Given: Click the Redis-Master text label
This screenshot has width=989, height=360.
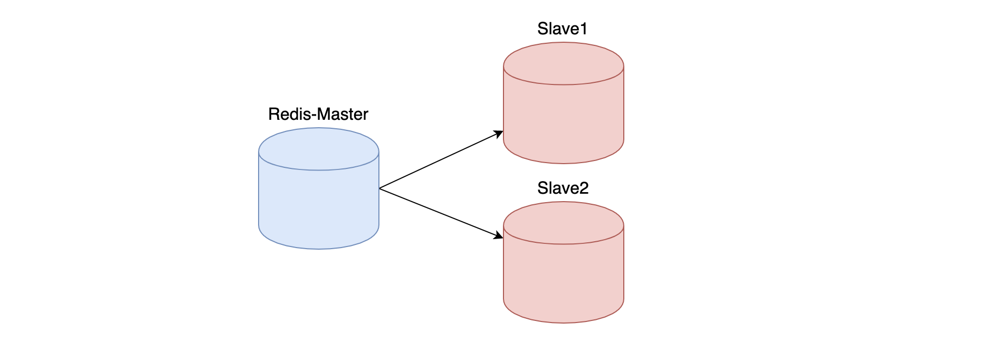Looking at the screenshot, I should click(318, 115).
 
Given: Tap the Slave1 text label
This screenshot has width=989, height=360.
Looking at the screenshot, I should click(562, 29).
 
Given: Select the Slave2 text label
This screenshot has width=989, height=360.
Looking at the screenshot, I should click(563, 188).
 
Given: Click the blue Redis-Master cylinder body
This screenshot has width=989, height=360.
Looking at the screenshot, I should click(319, 206).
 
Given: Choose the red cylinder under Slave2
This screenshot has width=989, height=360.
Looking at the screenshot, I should click(564, 280).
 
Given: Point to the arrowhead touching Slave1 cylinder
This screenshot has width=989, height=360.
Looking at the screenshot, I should click(499, 134).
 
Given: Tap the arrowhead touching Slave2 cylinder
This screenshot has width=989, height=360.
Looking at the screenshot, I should click(499, 235).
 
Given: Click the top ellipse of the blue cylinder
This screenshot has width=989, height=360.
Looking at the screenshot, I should click(319, 149).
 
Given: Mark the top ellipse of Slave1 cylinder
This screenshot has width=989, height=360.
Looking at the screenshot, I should click(564, 63).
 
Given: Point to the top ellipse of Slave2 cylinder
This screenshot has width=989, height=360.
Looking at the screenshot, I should click(564, 223).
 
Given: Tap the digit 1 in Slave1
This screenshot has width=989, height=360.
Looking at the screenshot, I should click(583, 29).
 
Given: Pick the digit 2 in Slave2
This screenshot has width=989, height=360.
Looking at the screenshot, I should click(584, 188).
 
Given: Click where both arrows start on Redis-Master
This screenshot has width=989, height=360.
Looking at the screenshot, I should click(380, 188).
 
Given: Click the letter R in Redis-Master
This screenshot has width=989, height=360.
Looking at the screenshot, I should click(273, 115).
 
